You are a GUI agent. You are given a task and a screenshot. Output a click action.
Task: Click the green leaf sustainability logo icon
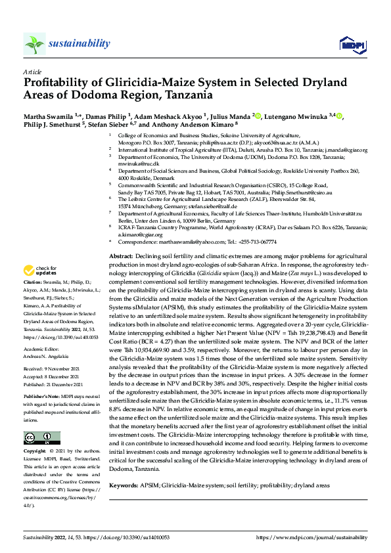coord(34,44)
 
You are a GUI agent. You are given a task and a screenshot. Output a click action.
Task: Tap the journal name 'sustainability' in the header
coord(78,43)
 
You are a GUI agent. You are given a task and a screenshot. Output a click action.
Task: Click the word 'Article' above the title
coord(32,71)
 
